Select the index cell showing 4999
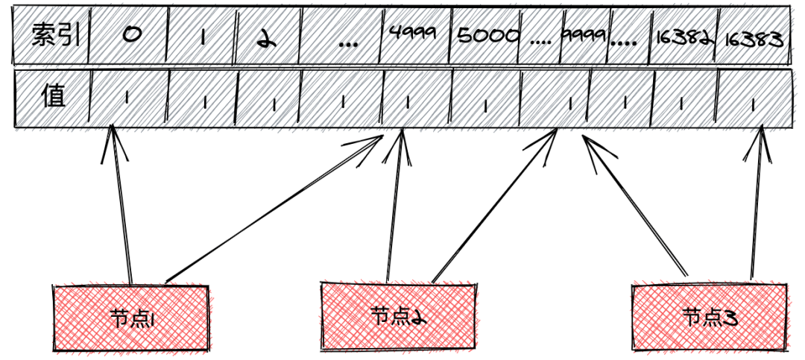pyautogui.click(x=414, y=36)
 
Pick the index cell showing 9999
pyautogui.click(x=586, y=36)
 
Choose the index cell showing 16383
pyautogui.click(x=754, y=36)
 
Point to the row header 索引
pyautogui.click(x=52, y=36)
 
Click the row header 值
pyautogui.click(x=52, y=98)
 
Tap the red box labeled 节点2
pyautogui.click(x=398, y=317)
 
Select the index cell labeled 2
pyautogui.click(x=267, y=36)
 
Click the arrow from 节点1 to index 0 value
pyautogui.click(x=121, y=209)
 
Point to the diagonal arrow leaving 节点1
pyautogui.click(x=276, y=209)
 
